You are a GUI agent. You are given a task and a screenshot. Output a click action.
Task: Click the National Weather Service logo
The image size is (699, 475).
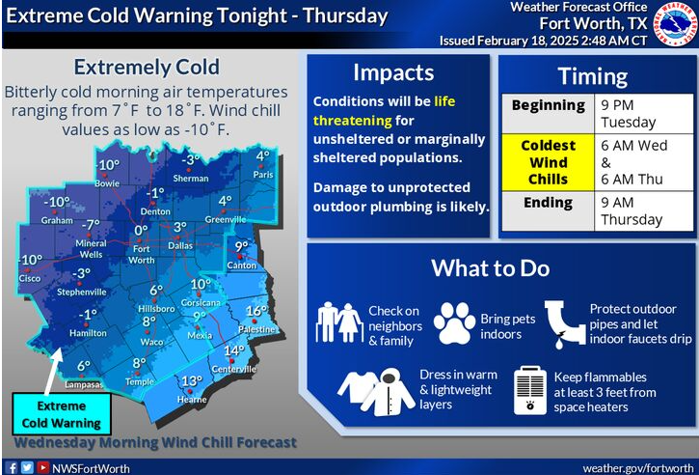point(675,23)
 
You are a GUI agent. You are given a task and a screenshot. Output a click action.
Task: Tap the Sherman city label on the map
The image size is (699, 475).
point(191,179)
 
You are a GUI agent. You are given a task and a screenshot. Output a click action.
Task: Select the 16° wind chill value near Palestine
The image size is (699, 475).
point(256,310)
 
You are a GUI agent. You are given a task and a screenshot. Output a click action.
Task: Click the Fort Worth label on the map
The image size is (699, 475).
point(142,255)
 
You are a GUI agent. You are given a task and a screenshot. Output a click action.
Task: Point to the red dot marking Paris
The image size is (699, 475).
point(262,165)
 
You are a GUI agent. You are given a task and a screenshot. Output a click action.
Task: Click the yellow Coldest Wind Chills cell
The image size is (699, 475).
point(548,162)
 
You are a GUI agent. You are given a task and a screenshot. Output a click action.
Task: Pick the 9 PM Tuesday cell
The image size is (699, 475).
point(643,114)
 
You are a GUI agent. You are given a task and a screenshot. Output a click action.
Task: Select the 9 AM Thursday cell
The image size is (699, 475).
point(643,211)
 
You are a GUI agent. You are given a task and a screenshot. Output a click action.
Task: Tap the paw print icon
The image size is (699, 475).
point(454,323)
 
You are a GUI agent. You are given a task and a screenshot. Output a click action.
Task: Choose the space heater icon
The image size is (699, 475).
point(530,390)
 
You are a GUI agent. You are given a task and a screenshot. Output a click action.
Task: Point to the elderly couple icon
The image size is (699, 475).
point(339,322)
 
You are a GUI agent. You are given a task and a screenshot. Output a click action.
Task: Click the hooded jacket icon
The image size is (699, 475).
point(389,392)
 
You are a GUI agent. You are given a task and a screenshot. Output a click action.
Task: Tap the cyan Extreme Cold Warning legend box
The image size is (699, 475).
point(62,414)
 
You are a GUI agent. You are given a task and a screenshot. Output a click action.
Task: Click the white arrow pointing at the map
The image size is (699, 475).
point(53,372)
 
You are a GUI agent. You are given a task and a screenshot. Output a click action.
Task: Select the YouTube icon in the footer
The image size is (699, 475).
point(42,467)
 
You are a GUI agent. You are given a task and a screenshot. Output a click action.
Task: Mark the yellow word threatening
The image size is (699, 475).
point(352,121)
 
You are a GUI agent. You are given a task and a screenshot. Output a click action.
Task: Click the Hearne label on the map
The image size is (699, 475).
point(192,400)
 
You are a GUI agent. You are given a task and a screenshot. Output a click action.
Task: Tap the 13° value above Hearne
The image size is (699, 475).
point(192,381)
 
